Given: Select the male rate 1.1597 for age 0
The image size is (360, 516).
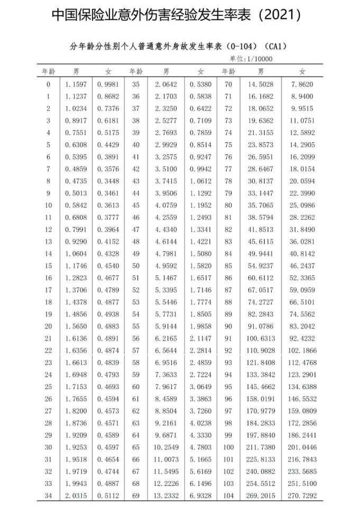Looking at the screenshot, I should pos(76,84).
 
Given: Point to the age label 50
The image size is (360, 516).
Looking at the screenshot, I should pos(136,265).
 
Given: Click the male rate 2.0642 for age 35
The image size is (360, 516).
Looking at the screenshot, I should pos(166,84).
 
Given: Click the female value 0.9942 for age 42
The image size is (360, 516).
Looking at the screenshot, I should pos(200,169).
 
